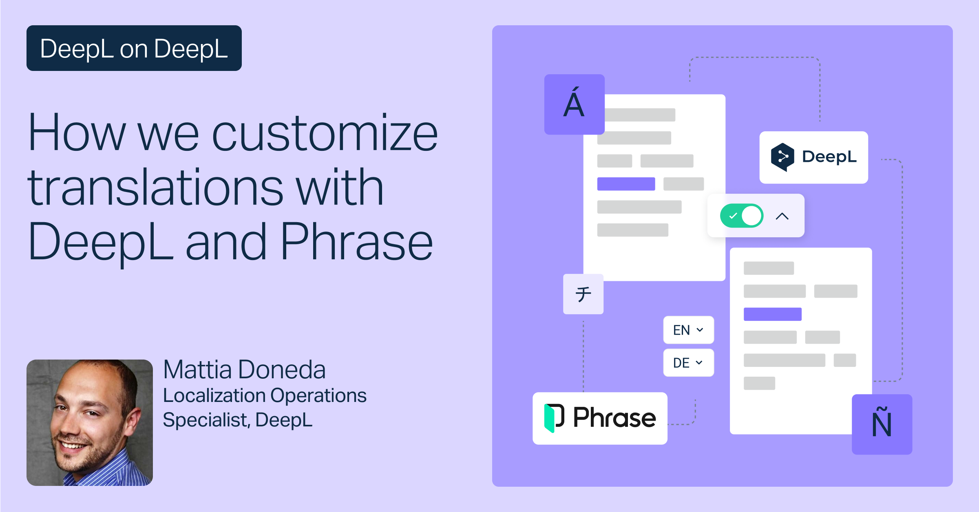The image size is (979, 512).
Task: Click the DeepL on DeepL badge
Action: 134,48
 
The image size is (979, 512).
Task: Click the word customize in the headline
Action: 325,133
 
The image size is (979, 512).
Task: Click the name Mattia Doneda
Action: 244,369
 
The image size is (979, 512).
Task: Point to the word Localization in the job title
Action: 214,395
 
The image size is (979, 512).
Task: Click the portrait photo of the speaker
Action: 90,422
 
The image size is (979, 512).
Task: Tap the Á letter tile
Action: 575,104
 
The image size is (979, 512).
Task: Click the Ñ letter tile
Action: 882,424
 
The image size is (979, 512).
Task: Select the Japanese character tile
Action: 583,294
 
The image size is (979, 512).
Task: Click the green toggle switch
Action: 742,216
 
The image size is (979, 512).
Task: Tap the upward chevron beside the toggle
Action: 782,216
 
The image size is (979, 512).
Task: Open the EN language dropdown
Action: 689,330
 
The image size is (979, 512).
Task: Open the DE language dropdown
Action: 689,362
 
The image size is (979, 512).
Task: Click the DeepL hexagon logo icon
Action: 782,157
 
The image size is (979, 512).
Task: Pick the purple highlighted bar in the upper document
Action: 626,184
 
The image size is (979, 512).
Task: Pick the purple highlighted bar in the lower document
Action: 773,314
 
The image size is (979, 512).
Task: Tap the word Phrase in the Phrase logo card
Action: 614,418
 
